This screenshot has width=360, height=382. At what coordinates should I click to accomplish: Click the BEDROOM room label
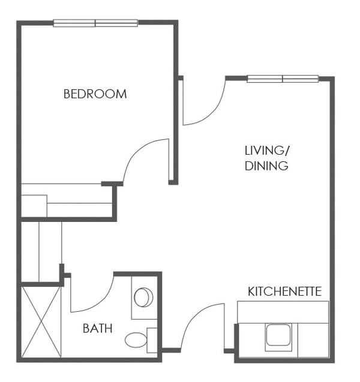(95, 94)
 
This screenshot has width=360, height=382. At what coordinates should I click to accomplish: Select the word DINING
(266, 166)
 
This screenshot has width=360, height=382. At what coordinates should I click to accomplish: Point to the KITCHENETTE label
(284, 292)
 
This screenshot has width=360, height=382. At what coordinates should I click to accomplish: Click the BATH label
(97, 328)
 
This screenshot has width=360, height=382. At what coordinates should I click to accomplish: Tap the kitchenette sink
(278, 335)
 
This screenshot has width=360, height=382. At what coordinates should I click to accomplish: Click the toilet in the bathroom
(136, 340)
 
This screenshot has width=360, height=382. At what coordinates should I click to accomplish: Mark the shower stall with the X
(41, 322)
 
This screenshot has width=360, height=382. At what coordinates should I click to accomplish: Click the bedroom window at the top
(95, 23)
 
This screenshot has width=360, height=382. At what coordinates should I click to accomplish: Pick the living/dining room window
(283, 79)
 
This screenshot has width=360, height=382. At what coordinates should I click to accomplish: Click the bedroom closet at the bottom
(66, 201)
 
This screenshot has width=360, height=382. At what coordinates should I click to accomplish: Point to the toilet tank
(152, 340)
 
